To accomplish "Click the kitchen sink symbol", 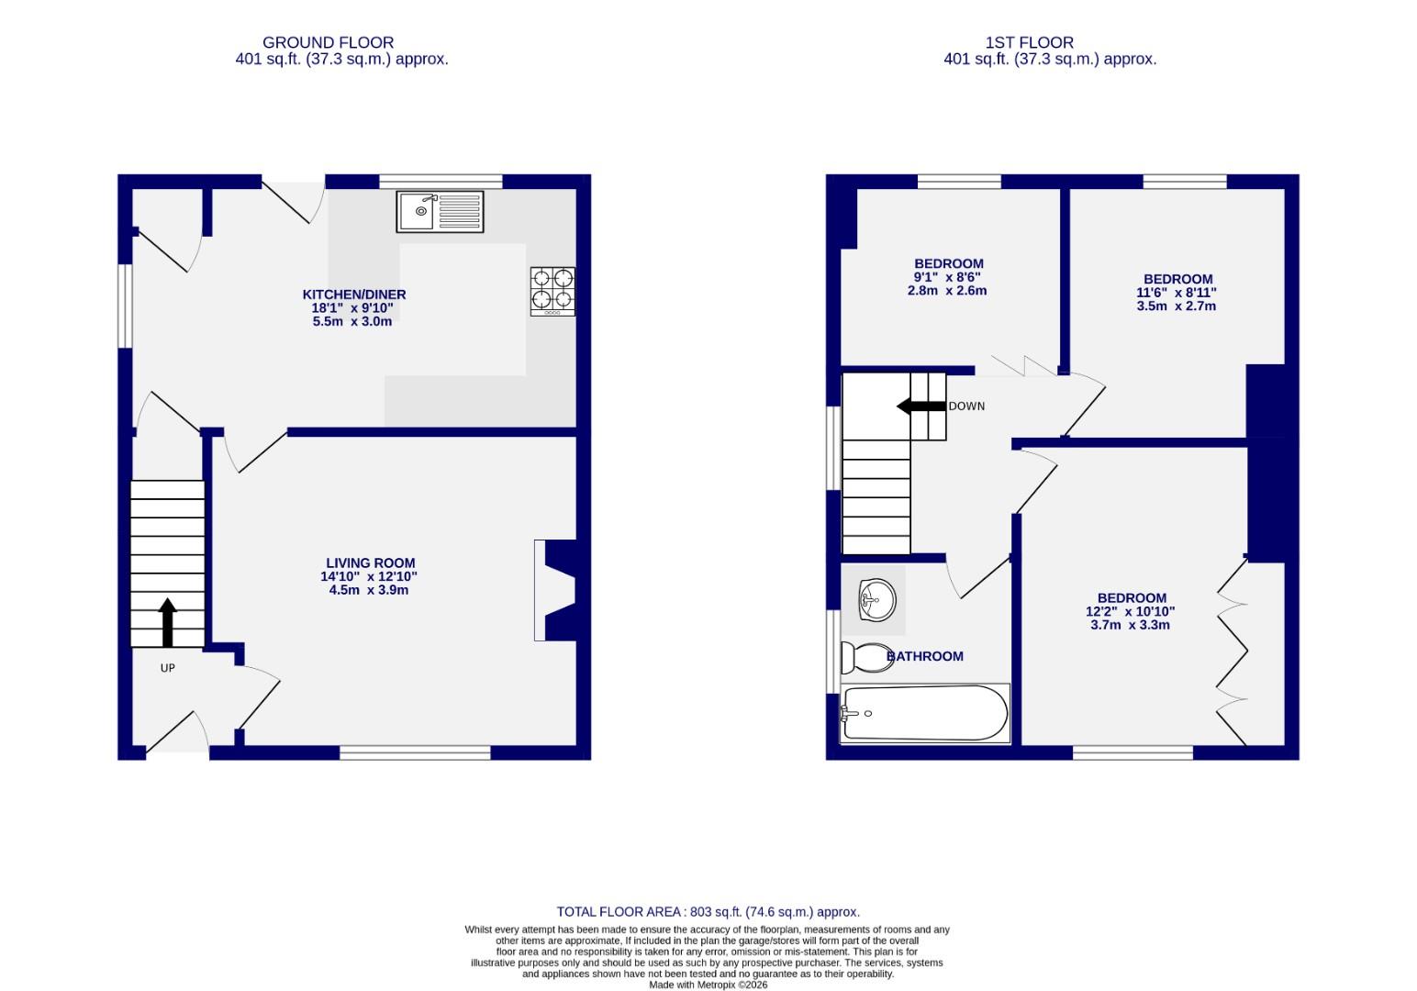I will tap(440, 212).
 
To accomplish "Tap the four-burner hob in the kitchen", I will tap(552, 290).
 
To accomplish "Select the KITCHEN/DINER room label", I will tap(354, 295).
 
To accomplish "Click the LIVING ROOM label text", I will tap(370, 563).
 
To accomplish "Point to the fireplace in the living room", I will tap(556, 590).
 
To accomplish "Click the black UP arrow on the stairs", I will tap(167, 623).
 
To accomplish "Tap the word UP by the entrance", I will tap(167, 668).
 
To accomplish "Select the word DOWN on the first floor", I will tap(966, 406).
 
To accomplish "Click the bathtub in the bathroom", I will tap(924, 713).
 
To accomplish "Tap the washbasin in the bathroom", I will tap(876, 601).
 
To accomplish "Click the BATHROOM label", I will tap(925, 656).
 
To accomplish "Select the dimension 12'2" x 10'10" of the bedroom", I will tap(1130, 611).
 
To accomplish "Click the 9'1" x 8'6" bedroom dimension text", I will tap(947, 277).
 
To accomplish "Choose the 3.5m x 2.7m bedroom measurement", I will tap(1176, 306).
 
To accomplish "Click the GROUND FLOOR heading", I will tap(328, 42).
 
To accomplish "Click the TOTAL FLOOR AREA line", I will tap(708, 912).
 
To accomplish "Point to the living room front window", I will tap(415, 752).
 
